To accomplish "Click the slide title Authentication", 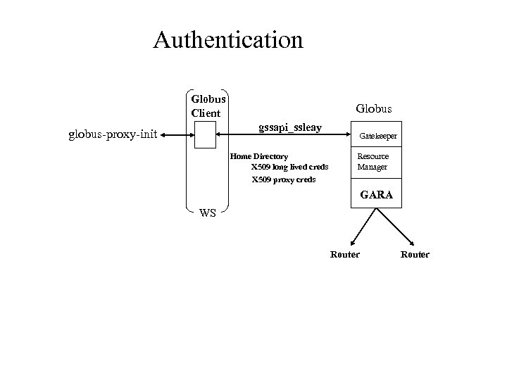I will (228, 39).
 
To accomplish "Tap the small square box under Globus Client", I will (205, 135).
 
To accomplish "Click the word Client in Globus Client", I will (205, 113).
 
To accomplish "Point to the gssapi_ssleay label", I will (290, 127).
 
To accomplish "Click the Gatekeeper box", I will (378, 135).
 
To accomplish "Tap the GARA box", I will (377, 194).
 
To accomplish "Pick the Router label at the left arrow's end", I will (344, 254).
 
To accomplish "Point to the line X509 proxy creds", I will (284, 179).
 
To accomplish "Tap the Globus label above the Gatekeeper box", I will (374, 109).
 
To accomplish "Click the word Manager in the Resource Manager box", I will (372, 167).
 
